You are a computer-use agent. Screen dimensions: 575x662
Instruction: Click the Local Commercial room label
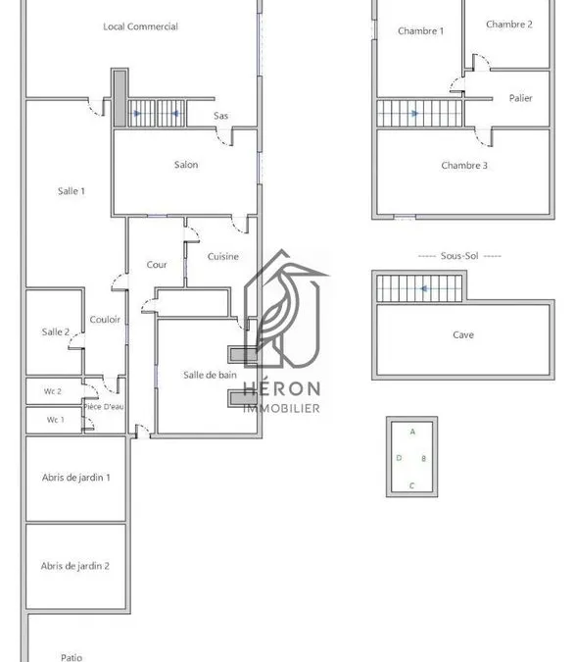coord(140,26)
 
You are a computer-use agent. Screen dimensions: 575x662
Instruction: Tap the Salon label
coord(186,165)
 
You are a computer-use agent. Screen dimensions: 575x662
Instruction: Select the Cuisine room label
coord(223,256)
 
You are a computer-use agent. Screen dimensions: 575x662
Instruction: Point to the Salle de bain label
coord(210,375)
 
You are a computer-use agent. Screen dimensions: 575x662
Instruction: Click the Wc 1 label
coord(55,420)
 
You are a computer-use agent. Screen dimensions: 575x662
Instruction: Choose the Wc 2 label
coord(53,391)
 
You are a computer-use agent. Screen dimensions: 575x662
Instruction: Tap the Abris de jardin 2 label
coord(75,566)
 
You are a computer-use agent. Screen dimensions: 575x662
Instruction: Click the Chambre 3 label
coord(464,166)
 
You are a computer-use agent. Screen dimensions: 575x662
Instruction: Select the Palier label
coord(520,98)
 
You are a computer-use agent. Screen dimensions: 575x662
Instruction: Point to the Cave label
coord(463,334)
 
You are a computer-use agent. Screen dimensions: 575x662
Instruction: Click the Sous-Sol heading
coord(459,256)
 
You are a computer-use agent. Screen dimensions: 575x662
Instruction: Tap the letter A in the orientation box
coord(412,432)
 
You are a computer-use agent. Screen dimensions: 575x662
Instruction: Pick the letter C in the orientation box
coord(411,485)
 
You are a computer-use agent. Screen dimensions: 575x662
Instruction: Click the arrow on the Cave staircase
coord(424,288)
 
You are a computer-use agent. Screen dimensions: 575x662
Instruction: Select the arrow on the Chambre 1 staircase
coord(414,113)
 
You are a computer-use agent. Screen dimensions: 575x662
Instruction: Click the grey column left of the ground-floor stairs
coord(120,99)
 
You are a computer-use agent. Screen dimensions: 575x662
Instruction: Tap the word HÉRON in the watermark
coord(281,388)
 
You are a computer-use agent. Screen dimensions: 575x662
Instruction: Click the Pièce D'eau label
coord(104,407)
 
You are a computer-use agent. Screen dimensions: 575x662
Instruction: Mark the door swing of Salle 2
coord(75,340)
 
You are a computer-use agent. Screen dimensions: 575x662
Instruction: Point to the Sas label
coord(221,116)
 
